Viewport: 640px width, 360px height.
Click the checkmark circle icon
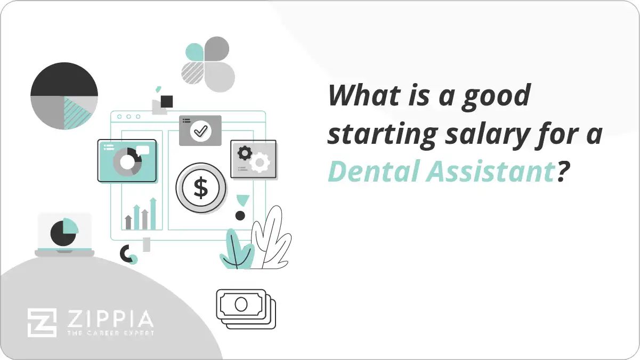point(200,130)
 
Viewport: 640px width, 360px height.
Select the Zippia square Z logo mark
point(42,323)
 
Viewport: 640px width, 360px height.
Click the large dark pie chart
point(64,96)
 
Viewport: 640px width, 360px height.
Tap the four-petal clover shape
point(208,64)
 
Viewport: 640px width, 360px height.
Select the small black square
point(167,101)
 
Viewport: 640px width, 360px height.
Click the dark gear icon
point(245,153)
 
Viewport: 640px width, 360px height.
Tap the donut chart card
point(127,160)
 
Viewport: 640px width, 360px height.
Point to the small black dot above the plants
point(240,216)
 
